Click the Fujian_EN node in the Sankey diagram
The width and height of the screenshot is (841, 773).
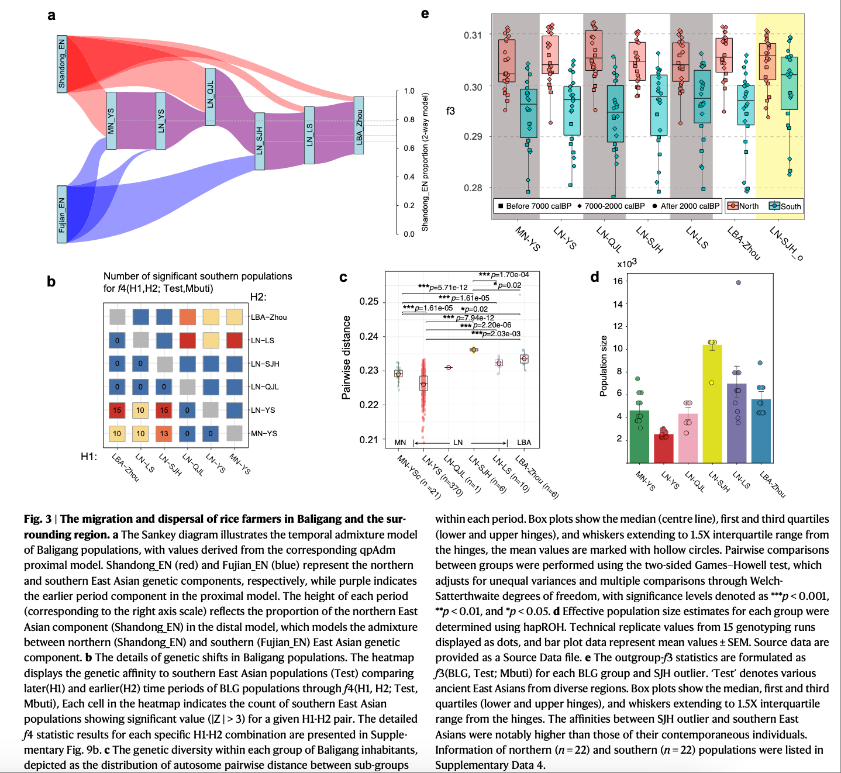62,214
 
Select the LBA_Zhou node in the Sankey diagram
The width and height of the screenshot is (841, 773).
359,126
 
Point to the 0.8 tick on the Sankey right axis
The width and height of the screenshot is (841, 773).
409,120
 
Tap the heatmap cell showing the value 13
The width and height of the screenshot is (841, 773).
164,433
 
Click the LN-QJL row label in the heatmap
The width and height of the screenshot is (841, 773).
265,387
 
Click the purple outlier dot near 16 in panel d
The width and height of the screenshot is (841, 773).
738,282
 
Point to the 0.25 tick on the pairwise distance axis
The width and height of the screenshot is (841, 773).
369,302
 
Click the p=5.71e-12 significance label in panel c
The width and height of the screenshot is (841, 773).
443,287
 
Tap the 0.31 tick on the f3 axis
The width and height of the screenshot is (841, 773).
473,35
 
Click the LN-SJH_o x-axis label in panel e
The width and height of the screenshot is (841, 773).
787,242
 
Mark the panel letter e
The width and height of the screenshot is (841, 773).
425,13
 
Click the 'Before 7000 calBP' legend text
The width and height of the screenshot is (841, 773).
538,206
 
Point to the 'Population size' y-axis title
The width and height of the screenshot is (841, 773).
604,366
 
